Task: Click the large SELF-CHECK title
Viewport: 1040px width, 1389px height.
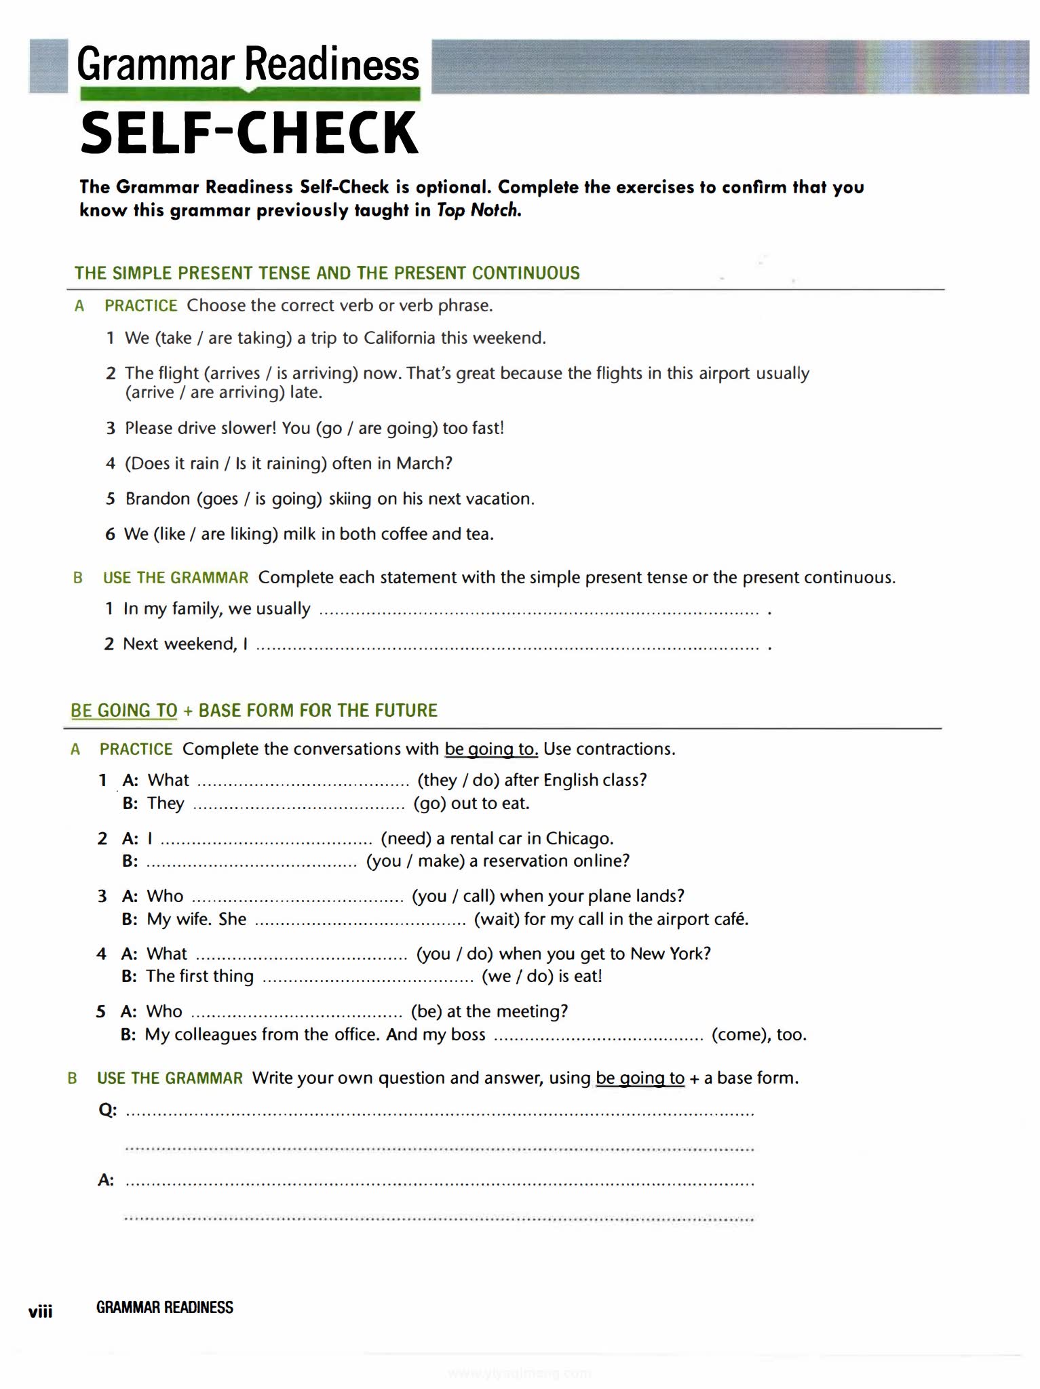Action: pyautogui.click(x=249, y=133)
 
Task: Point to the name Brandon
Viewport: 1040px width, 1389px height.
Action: pyautogui.click(x=158, y=499)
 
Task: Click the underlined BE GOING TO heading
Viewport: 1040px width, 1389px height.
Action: pyautogui.click(x=124, y=711)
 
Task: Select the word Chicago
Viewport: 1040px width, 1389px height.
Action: pyautogui.click(x=579, y=839)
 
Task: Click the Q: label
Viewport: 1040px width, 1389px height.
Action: pyautogui.click(x=108, y=1110)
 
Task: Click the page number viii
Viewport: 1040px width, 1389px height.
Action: pyautogui.click(x=41, y=1312)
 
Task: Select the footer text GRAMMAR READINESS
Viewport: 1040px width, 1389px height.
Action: pyautogui.click(x=165, y=1308)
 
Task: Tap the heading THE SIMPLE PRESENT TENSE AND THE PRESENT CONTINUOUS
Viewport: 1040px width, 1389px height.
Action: pyautogui.click(x=327, y=273)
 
